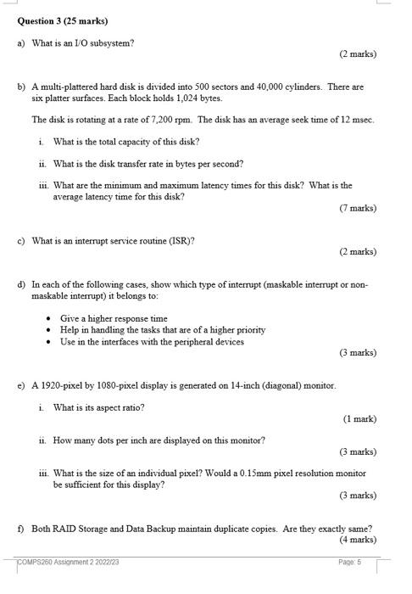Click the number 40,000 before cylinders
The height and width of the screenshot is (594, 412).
[x=279, y=87]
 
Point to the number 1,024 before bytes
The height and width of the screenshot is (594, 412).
[x=170, y=98]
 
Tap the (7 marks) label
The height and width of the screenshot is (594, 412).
[x=357, y=208]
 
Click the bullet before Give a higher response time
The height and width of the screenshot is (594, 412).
[x=50, y=319]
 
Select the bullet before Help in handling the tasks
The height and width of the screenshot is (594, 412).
[x=50, y=330]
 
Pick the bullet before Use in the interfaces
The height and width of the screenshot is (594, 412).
[x=50, y=342]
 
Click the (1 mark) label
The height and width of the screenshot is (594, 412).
[x=359, y=418]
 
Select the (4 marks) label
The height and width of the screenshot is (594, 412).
[x=357, y=539]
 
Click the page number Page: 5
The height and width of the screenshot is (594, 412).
[x=349, y=563]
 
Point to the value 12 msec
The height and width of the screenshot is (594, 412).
[x=357, y=120]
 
